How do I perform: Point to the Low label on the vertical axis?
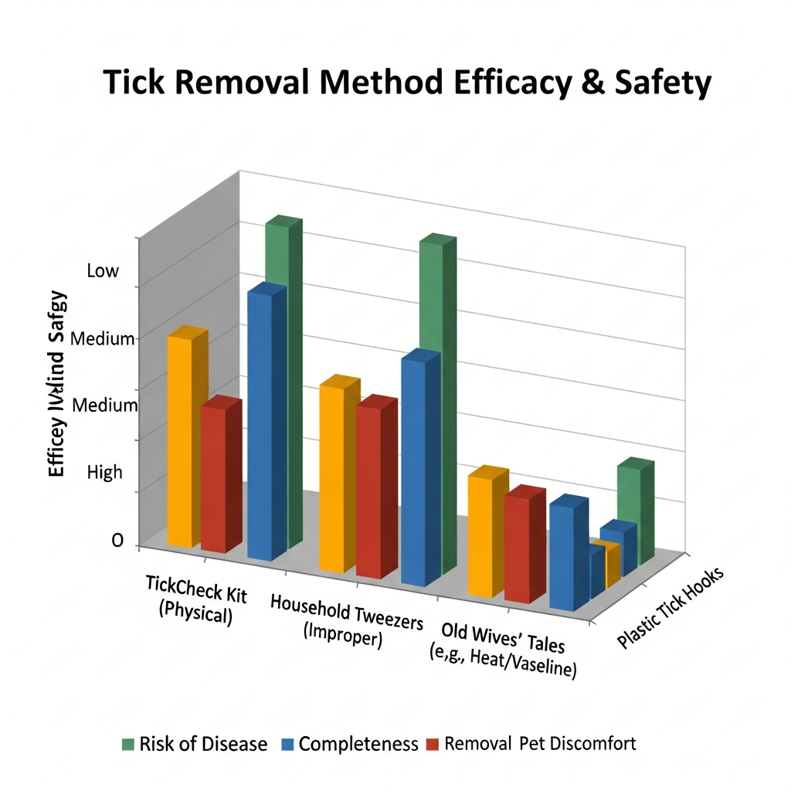click(103, 271)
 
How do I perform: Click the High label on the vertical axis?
click(105, 472)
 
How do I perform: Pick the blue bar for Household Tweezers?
click(413, 471)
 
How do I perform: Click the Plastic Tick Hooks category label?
click(670, 609)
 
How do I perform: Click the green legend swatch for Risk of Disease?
click(128, 745)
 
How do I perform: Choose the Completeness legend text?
click(358, 745)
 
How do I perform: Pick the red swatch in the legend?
click(433, 745)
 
